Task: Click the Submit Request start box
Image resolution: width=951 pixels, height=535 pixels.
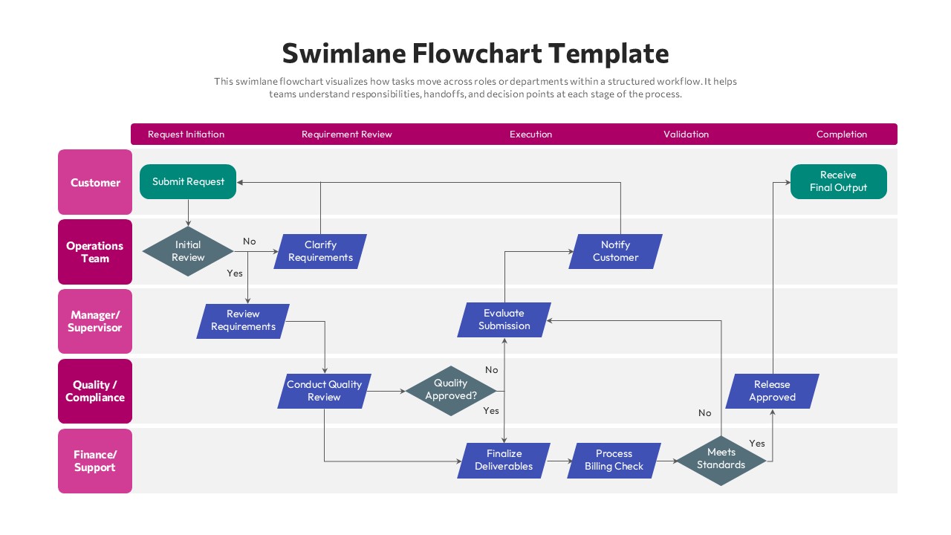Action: click(188, 181)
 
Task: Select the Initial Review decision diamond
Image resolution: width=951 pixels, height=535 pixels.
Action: click(188, 251)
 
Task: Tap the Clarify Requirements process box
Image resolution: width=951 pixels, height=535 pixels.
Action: click(320, 251)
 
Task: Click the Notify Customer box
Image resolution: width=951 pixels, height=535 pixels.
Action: click(615, 251)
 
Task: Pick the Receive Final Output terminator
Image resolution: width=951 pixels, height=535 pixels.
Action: click(838, 181)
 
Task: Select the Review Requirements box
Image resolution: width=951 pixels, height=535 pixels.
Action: click(243, 320)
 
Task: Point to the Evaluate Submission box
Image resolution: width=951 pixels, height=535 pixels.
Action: click(504, 320)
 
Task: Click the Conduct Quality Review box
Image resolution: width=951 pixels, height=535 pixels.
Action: click(324, 391)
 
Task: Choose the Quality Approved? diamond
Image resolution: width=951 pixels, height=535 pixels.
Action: click(451, 390)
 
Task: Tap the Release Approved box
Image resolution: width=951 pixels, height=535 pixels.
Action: click(772, 391)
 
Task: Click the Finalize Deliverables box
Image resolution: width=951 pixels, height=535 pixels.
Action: click(504, 460)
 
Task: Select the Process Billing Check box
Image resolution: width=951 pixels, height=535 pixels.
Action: click(614, 460)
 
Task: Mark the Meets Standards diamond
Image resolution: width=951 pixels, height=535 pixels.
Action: click(721, 458)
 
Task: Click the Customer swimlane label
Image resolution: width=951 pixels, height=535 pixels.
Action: click(95, 183)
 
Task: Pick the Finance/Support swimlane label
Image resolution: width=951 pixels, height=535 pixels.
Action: click(95, 461)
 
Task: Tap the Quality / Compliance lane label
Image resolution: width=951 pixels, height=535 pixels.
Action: click(95, 392)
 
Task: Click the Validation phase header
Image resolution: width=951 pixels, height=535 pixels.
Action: click(686, 134)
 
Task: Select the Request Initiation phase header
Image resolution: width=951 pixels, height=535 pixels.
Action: click(186, 134)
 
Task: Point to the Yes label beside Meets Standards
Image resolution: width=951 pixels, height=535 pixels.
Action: click(757, 444)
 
